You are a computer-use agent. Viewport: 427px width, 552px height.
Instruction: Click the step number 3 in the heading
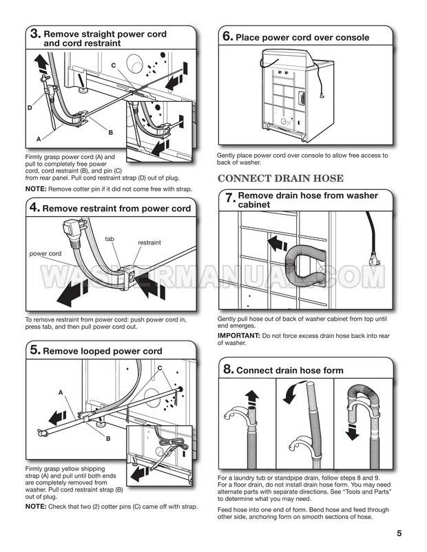[35, 34]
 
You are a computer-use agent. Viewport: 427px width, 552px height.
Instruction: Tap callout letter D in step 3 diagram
[30, 108]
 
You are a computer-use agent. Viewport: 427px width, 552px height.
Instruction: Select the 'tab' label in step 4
[110, 239]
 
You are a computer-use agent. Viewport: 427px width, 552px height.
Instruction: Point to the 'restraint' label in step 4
[149, 242]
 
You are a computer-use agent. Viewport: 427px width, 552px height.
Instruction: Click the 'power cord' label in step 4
[45, 253]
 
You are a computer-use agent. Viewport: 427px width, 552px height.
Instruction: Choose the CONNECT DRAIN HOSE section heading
[280, 178]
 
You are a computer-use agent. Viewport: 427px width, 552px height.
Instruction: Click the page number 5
[399, 533]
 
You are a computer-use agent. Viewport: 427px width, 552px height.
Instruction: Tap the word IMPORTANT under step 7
[239, 336]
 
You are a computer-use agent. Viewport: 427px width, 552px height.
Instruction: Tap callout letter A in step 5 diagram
[61, 392]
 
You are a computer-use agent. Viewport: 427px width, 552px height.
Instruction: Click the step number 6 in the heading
[228, 36]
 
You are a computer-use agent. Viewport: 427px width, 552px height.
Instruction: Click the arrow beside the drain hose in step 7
[278, 244]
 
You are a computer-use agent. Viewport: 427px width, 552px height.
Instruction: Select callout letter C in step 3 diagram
[114, 65]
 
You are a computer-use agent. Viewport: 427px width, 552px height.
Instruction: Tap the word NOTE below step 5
[36, 507]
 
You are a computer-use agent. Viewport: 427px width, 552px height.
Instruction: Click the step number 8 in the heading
[229, 369]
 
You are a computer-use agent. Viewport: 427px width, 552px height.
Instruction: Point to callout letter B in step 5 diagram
[108, 438]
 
